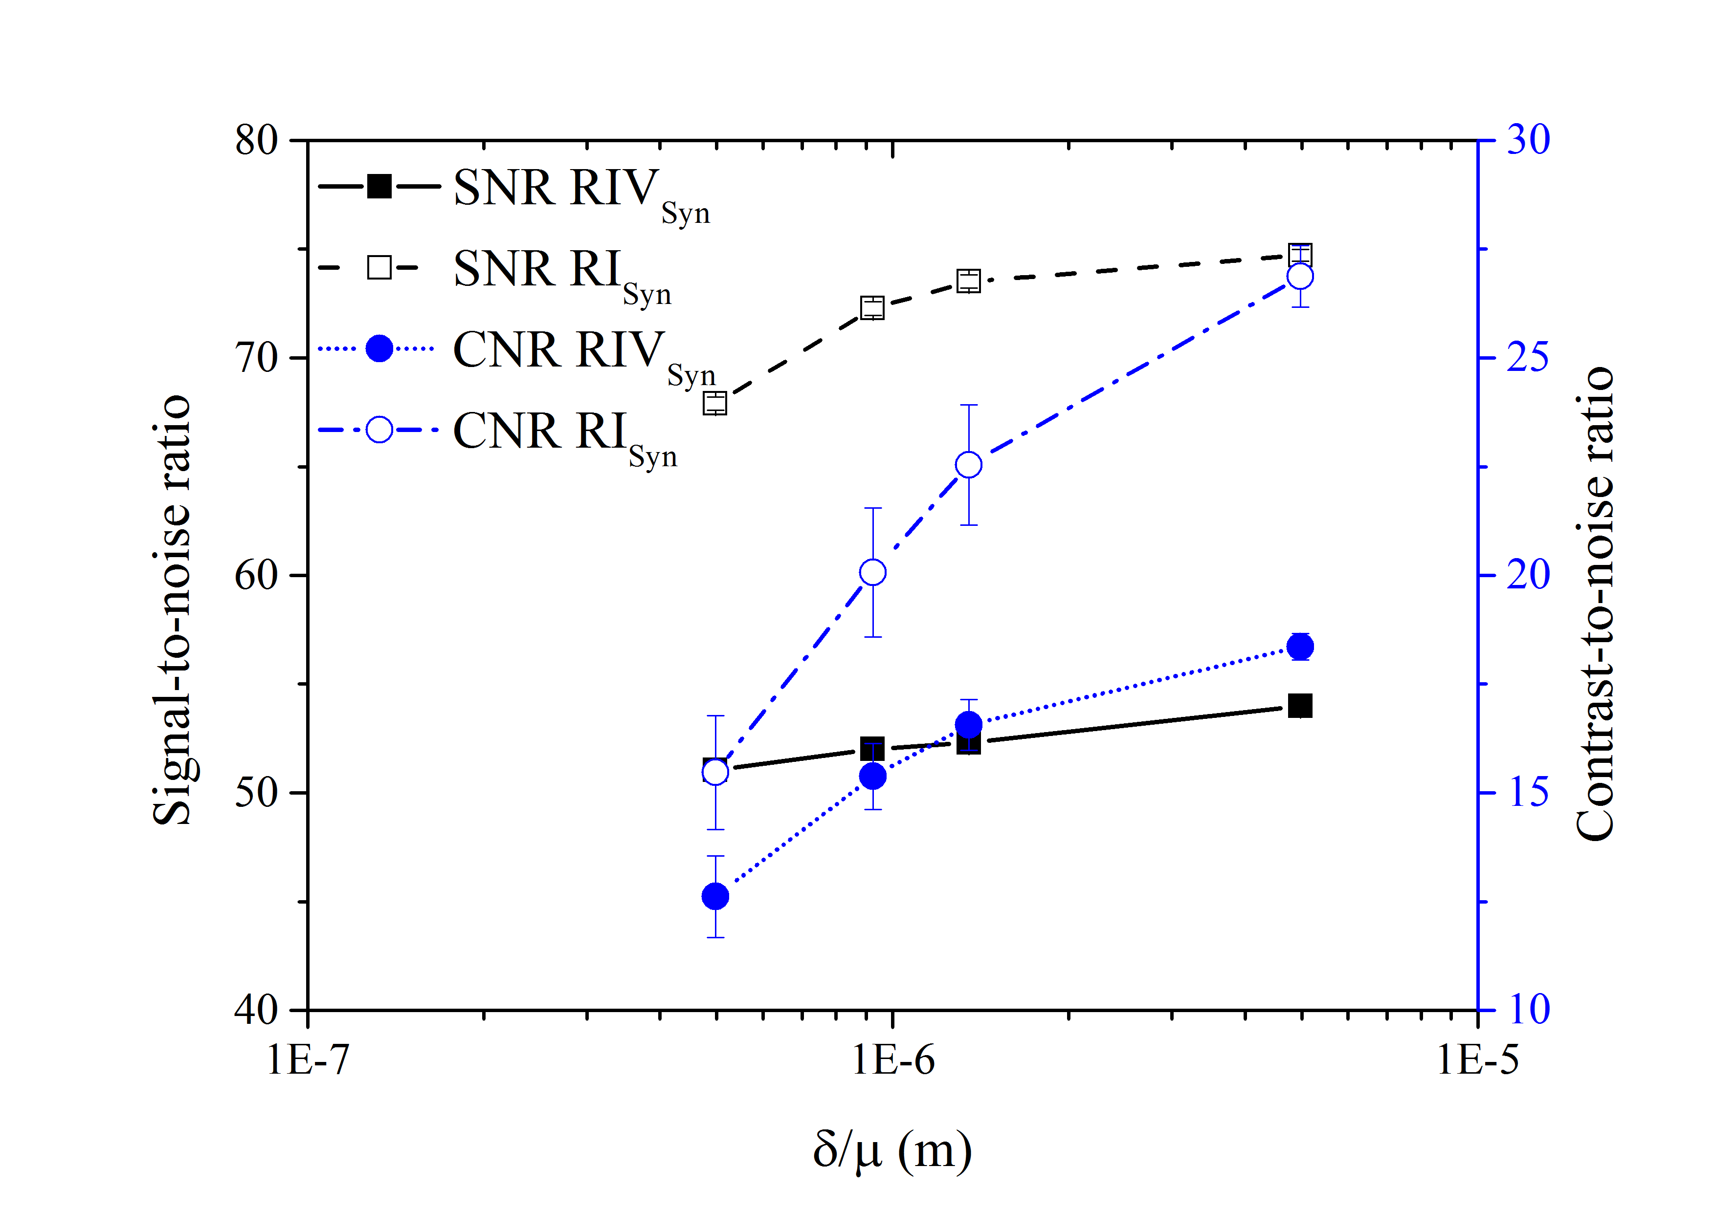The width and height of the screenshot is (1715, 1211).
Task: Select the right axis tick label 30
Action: pos(1528,140)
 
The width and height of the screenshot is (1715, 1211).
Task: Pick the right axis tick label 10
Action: pos(1528,1010)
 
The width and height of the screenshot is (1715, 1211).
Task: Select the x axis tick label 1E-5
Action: pos(1477,1060)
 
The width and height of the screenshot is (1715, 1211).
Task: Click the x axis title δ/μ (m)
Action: pos(892,1150)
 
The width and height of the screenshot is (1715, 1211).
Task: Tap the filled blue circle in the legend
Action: pos(379,348)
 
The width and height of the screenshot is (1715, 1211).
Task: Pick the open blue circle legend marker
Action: pos(379,430)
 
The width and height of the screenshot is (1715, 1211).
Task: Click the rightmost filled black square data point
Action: pos(1300,706)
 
